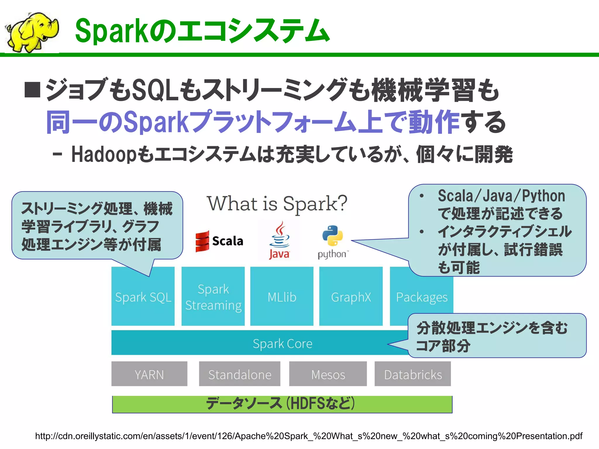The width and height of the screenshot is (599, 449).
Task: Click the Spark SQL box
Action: (x=143, y=297)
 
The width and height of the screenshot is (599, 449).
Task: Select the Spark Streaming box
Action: (x=213, y=297)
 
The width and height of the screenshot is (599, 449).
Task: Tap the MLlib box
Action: (x=282, y=297)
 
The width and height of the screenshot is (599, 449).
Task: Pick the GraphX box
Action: (x=351, y=297)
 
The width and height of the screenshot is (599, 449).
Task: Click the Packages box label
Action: (x=421, y=297)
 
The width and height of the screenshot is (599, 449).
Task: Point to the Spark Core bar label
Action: (x=282, y=343)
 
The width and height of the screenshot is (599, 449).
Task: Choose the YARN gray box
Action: (x=149, y=374)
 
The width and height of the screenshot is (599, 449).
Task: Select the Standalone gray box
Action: (x=240, y=374)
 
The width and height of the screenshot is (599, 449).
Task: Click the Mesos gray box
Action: (x=328, y=374)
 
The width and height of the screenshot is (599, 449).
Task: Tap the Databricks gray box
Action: (x=413, y=374)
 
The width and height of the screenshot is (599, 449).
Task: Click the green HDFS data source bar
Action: (x=282, y=404)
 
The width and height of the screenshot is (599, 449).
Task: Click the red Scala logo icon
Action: (x=202, y=241)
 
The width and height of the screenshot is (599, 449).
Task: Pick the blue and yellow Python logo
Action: (x=333, y=236)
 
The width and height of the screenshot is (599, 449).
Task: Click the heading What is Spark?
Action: (x=277, y=203)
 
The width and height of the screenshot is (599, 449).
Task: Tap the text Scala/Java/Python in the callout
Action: (x=501, y=196)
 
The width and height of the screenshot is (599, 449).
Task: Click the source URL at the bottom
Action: (x=309, y=436)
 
